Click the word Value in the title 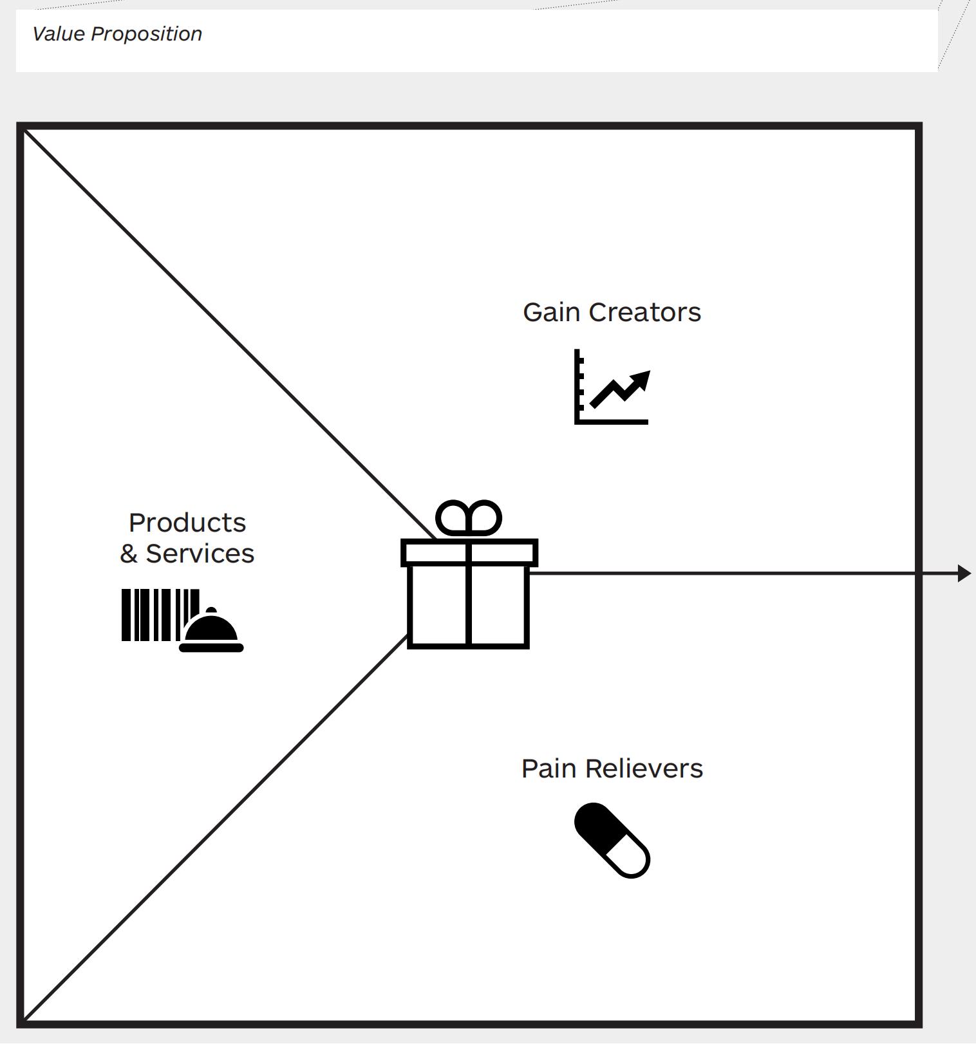click(x=58, y=34)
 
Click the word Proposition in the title click(x=146, y=34)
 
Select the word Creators click(x=644, y=313)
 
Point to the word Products click(x=187, y=523)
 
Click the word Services click(x=200, y=554)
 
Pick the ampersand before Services click(x=129, y=554)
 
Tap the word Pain click(x=549, y=769)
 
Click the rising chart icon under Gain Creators click(x=612, y=387)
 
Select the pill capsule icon click(x=612, y=840)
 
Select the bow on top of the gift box click(x=469, y=517)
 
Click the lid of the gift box click(x=469, y=553)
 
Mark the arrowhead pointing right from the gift click(x=964, y=573)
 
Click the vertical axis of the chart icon click(x=577, y=386)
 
